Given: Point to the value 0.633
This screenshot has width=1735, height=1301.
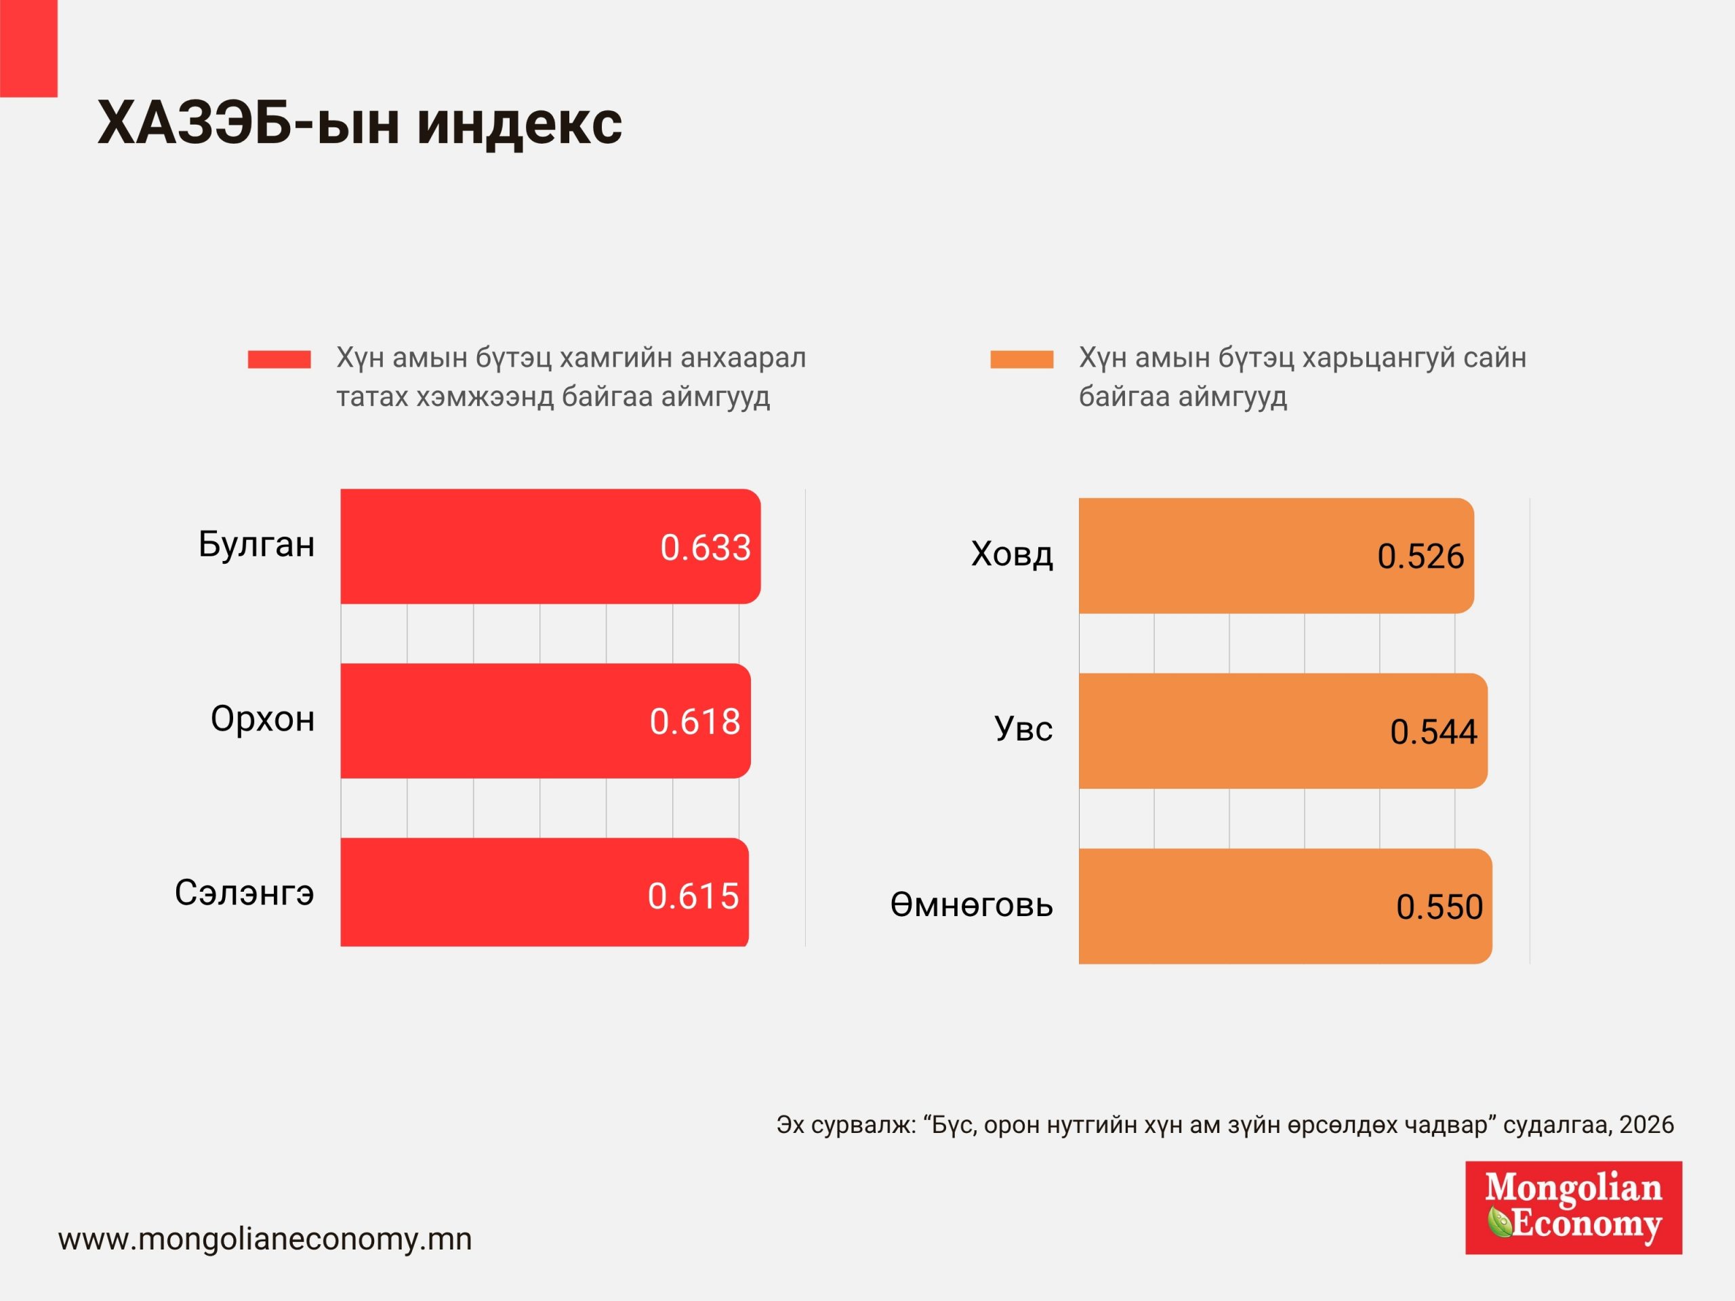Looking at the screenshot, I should (705, 548).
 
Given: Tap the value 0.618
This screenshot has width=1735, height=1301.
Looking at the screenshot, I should (695, 722).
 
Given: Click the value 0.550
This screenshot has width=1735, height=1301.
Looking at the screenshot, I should (1440, 907).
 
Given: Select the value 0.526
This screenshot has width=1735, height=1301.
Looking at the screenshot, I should (1421, 557).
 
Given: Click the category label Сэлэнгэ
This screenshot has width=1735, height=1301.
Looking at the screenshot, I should (244, 892).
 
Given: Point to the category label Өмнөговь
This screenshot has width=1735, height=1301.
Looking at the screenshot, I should (971, 905).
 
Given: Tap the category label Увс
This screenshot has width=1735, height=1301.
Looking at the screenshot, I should (1023, 729).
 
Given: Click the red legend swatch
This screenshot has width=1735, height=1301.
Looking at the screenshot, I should (279, 359).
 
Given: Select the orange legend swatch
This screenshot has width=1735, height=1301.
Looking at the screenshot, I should (1021, 359).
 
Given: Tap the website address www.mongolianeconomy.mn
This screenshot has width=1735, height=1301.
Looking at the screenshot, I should (265, 1239).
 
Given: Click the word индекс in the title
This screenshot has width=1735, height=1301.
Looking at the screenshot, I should (519, 123).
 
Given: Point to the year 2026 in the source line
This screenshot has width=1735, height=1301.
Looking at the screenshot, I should (1646, 1125).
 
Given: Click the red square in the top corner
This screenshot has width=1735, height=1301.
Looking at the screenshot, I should (28, 48).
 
